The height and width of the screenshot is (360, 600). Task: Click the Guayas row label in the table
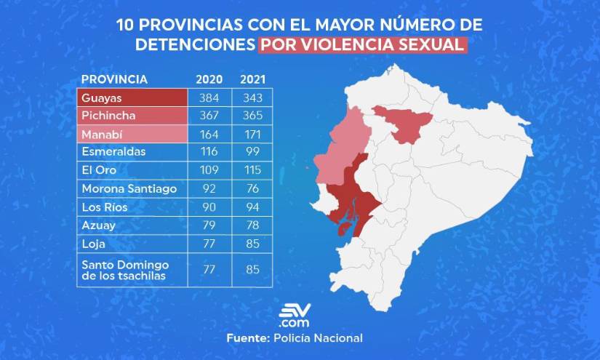click(x=102, y=97)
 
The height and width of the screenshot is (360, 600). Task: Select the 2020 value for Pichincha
click(x=209, y=116)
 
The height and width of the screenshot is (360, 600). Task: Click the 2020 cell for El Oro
click(x=209, y=170)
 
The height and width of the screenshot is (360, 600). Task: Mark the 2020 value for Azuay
click(x=209, y=225)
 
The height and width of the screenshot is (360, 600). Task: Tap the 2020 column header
click(x=209, y=79)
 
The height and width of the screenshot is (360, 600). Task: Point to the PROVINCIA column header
click(x=115, y=79)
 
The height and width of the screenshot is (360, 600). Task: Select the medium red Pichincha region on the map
click(x=404, y=122)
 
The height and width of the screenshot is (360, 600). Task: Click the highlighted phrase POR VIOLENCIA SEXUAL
click(x=361, y=44)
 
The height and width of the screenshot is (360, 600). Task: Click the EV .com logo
click(x=295, y=316)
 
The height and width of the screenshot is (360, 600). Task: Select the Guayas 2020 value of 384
click(x=209, y=97)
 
